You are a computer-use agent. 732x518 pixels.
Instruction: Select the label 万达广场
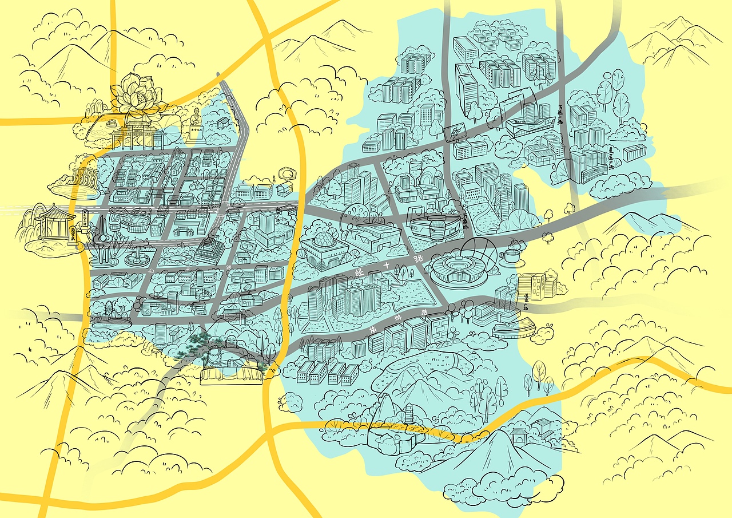tap(562, 114)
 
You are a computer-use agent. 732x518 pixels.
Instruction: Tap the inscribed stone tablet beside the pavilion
tap(73, 235)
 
